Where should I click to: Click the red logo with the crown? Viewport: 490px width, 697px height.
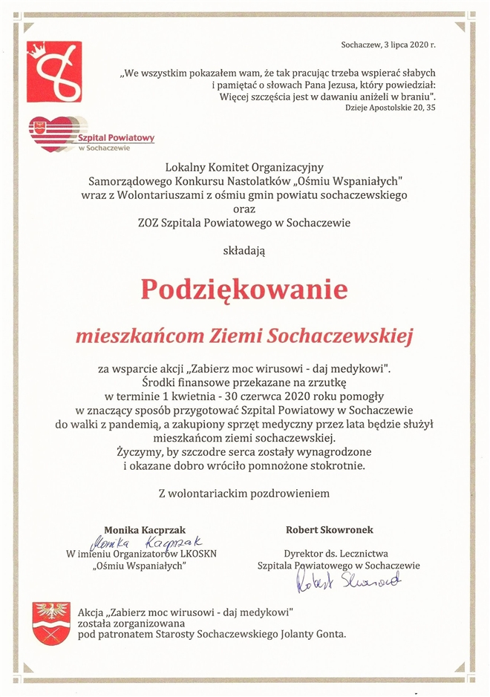[54, 71]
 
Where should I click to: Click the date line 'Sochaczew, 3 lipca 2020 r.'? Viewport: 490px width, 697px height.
[388, 45]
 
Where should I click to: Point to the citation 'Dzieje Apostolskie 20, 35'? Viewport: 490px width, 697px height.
[391, 108]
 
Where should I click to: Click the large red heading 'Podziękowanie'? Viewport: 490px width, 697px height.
[244, 289]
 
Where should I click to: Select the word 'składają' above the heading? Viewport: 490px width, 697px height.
[244, 250]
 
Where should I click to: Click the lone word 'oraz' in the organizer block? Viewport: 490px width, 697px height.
[244, 209]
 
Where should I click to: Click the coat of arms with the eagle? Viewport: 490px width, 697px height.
[52, 623]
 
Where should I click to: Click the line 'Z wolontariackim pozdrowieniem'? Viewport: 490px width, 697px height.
[244, 492]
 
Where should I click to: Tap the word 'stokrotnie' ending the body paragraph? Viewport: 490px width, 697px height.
[340, 465]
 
